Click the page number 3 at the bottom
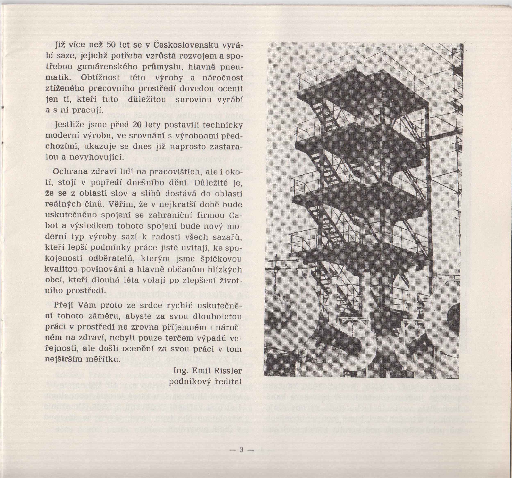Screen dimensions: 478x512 tap(242, 450)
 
